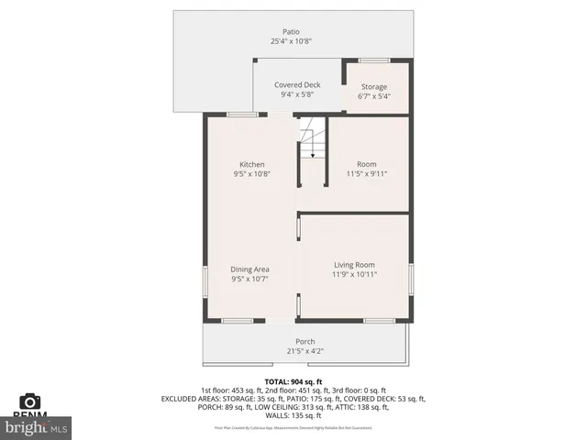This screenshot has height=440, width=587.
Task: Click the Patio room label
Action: click(291, 32)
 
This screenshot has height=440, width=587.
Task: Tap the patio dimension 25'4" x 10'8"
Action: click(291, 42)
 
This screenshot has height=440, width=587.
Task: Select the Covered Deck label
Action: click(297, 84)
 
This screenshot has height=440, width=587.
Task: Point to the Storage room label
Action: click(373, 87)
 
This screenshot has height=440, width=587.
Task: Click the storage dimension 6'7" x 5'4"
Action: click(373, 96)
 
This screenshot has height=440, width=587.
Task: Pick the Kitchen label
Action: click(251, 164)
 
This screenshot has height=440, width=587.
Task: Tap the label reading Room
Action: click(367, 164)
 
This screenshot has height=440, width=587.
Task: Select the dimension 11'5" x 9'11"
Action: click(367, 173)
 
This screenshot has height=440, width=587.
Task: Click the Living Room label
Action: click(353, 264)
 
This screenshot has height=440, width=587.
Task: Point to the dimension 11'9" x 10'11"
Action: click(353, 273)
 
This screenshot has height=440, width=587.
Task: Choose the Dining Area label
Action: click(249, 269)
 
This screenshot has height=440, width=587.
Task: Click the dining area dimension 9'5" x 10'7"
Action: click(249, 280)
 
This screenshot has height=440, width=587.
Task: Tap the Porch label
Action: click(305, 341)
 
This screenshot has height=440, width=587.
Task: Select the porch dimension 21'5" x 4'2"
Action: click(305, 350)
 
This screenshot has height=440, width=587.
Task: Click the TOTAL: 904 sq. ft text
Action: click(293, 381)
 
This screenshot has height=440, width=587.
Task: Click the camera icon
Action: click(30, 401)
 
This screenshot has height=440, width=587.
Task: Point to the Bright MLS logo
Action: click(37, 427)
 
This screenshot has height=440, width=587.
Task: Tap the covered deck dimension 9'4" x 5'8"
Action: click(297, 94)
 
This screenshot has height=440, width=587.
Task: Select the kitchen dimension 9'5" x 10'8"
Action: click(251, 173)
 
